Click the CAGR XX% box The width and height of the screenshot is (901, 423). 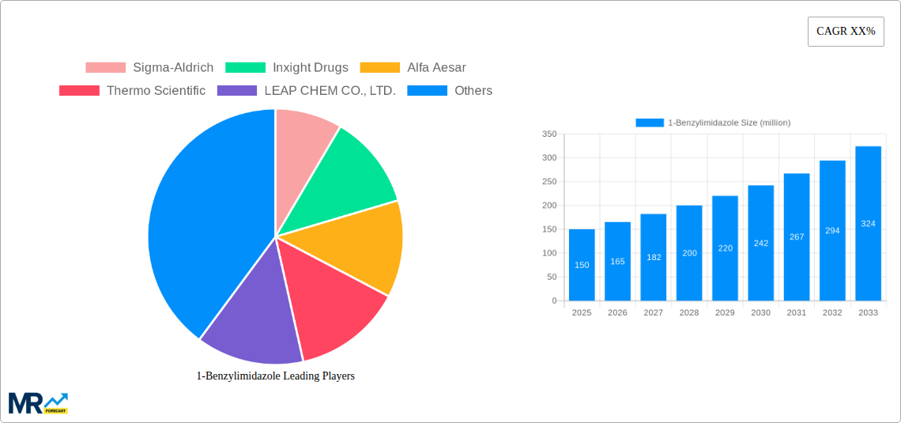pos(845,32)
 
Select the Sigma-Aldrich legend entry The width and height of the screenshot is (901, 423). pos(149,67)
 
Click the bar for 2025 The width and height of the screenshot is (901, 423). pos(582,265)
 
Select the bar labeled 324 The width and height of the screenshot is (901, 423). pos(868,224)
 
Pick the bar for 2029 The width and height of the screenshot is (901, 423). pos(725,248)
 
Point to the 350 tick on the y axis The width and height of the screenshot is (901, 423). pos(549,134)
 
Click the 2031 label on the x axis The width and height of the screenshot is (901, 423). pos(797,312)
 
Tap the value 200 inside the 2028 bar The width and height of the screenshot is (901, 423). pos(689,253)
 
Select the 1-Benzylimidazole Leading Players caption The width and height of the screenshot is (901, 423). pos(275,376)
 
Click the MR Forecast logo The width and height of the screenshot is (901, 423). pos(38,403)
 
